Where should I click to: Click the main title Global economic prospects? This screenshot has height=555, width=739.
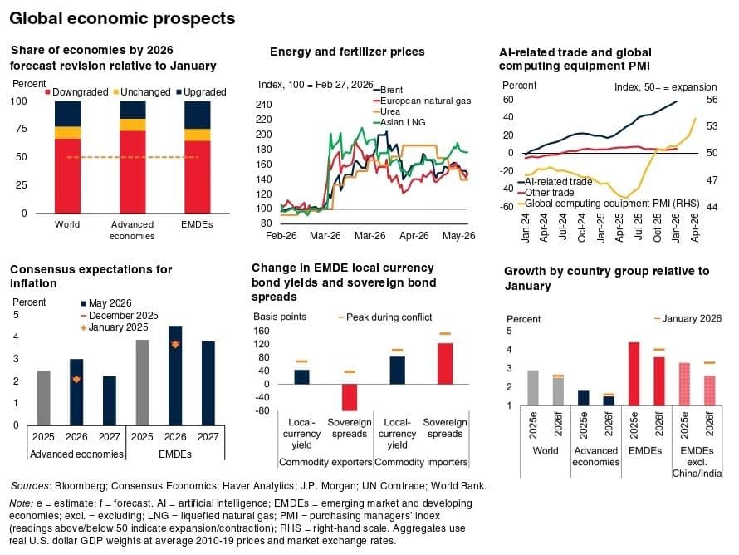point(122,18)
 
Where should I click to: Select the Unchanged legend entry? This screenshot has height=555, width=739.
point(142,92)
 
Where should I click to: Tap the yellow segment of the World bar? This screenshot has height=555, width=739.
point(68,132)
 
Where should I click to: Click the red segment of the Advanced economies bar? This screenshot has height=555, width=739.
point(132,172)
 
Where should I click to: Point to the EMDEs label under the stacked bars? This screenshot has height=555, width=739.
point(197,224)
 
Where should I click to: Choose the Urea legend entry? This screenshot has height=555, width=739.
point(386,112)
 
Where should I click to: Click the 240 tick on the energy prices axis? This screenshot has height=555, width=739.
point(264,104)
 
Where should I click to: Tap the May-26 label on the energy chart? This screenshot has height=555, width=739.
point(458,236)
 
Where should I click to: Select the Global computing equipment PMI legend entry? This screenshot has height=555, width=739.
point(609,204)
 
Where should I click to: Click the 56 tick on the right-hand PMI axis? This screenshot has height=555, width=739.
point(712,100)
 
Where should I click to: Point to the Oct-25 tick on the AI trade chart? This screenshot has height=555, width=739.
point(658,228)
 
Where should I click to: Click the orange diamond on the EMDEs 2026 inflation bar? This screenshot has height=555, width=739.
point(175,345)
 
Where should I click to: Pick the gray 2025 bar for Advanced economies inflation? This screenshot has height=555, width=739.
point(44,398)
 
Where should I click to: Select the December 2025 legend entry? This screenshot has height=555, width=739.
point(120,316)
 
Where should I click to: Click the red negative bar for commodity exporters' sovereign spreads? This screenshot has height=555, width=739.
point(350,397)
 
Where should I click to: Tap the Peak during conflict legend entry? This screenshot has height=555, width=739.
point(385,317)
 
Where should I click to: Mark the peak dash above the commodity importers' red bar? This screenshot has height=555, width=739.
point(445,333)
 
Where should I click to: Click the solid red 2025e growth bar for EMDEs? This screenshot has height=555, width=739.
point(634,374)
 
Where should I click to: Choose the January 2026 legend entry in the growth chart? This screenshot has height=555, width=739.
point(688,319)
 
